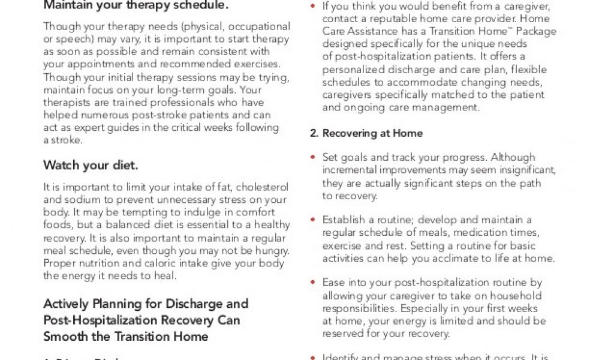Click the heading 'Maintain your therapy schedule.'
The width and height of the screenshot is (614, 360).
click(136, 6)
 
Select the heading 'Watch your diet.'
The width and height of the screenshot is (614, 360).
click(91, 165)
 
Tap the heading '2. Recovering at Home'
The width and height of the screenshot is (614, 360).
click(366, 133)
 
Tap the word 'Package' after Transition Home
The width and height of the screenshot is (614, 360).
click(536, 31)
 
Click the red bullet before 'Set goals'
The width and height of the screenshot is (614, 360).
click(313, 158)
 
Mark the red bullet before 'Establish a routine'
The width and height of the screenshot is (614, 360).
click(313, 220)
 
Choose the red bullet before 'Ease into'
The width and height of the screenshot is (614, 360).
click(313, 283)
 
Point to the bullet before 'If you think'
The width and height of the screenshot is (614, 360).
click(313, 7)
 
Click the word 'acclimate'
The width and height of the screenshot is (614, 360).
click(483, 258)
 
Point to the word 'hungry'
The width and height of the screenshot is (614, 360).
click(270, 250)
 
